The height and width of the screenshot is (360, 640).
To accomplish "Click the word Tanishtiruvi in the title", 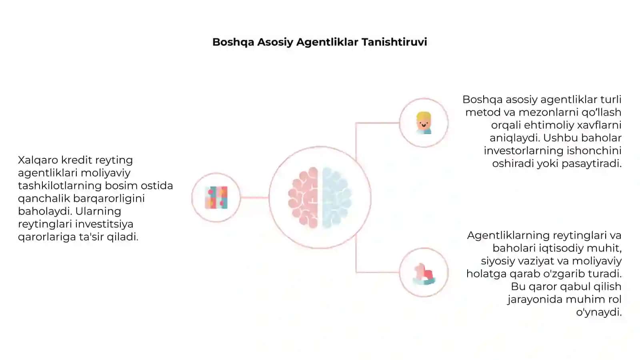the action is click(394, 42).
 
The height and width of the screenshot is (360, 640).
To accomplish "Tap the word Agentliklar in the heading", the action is click(327, 42).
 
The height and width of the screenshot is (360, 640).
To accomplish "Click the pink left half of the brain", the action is click(303, 198).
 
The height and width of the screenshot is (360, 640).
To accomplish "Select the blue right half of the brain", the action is click(337, 198).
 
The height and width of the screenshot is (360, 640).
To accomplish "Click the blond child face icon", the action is click(424, 123).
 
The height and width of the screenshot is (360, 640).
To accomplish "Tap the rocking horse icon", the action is click(424, 274).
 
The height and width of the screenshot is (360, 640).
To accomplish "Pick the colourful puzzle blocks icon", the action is click(216, 198).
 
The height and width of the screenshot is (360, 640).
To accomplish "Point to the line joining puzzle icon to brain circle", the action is click(254, 198).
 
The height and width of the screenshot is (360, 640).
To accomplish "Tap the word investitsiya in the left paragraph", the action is click(104, 224).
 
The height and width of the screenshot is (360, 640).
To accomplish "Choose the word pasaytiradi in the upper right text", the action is click(592, 164).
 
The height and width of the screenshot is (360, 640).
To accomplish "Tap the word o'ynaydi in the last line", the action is click(599, 312).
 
